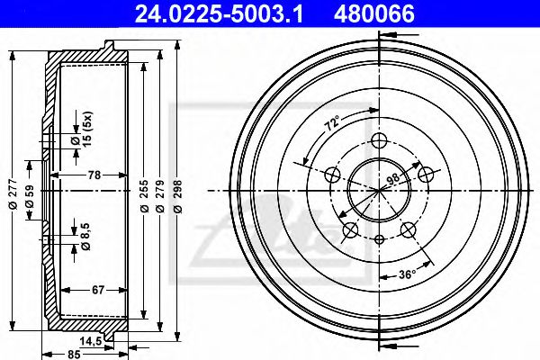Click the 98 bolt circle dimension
[392, 180]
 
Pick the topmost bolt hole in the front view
[378, 139]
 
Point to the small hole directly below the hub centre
[379, 239]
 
